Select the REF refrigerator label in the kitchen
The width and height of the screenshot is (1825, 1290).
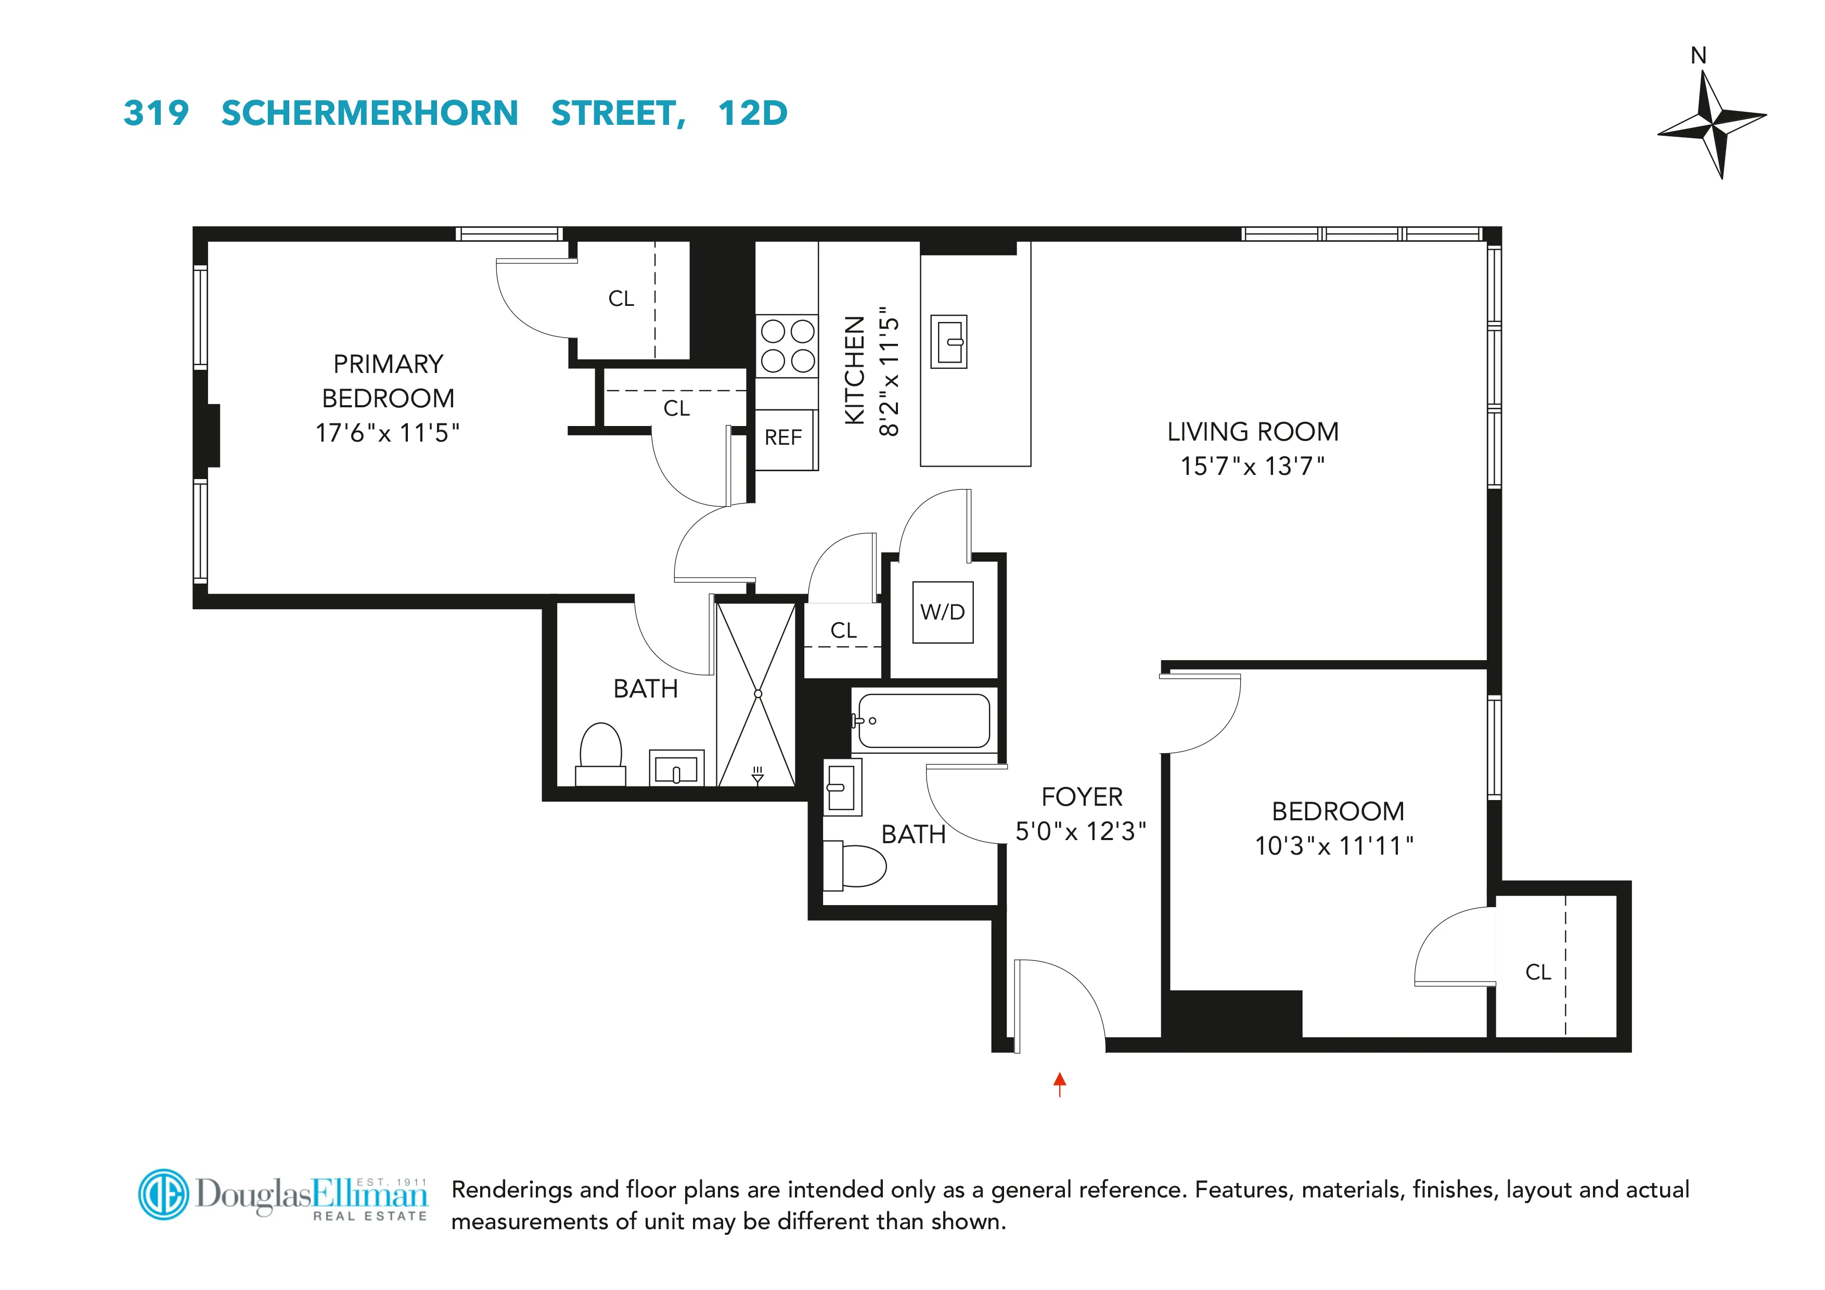pos(783,438)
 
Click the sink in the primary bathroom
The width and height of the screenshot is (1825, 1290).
pos(676,769)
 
